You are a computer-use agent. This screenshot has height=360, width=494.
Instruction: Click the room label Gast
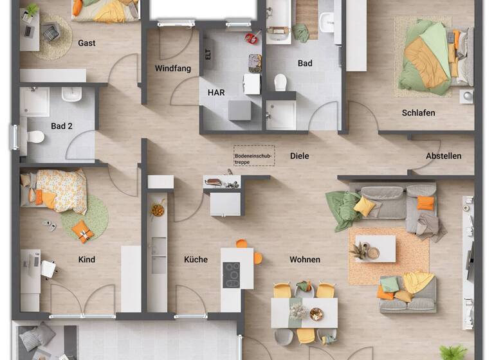pos(87,43)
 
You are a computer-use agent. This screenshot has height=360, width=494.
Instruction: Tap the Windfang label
pos(173,69)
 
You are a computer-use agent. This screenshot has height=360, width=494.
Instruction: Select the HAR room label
pos(216,93)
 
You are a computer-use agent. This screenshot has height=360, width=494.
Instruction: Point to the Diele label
pos(299,156)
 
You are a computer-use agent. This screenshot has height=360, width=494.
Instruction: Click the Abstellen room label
pos(443,156)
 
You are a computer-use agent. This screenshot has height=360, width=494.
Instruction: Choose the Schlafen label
pos(418,113)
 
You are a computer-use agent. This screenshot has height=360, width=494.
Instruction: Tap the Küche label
pos(196,260)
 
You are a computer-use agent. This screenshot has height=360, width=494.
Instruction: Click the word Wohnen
pos(305,260)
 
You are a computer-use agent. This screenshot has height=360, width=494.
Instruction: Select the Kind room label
pos(87,260)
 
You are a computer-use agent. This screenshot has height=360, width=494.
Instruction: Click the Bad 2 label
pos(62,127)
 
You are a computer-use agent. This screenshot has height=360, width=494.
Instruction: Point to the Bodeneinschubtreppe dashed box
pos(253,156)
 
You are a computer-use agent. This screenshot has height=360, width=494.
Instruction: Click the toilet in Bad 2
pos(35,137)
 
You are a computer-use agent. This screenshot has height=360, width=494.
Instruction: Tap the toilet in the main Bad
pos(280,82)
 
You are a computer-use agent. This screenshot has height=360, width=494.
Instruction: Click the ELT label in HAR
pos(208,55)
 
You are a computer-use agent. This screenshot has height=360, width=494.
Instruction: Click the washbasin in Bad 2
pos(71,95)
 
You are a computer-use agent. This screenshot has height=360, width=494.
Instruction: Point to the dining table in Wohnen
pos(304,312)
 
